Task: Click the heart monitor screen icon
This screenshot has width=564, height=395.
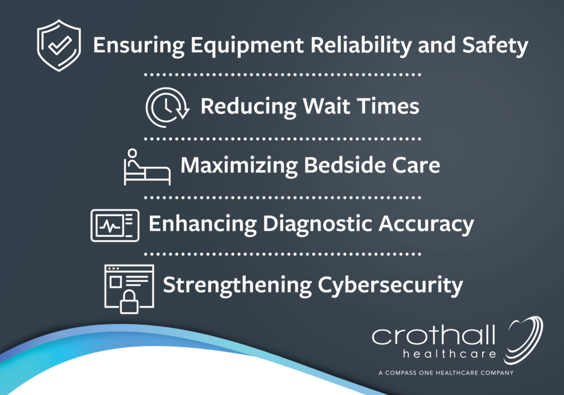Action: (x=115, y=225)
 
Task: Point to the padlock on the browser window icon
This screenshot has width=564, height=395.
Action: (x=129, y=302)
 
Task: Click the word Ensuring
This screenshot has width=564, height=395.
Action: (x=139, y=46)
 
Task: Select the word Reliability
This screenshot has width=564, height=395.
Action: (x=361, y=46)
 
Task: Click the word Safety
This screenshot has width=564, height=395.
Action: (x=495, y=46)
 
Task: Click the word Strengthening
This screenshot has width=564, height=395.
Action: (x=237, y=286)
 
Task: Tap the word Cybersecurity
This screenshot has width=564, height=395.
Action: (x=390, y=286)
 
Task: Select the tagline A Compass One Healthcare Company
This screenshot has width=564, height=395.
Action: (x=446, y=373)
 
